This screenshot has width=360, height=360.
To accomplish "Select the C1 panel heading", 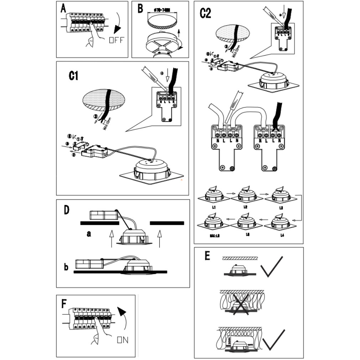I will click(x=73, y=76).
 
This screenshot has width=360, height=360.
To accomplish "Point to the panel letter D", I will click(x=66, y=210).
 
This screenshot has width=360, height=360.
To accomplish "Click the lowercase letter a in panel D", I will click(x=89, y=234).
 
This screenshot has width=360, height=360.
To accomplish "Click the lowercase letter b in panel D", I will click(x=66, y=267).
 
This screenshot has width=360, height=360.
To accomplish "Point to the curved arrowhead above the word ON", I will click(x=122, y=313).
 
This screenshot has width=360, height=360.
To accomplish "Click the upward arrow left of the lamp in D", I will click(x=111, y=238).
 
